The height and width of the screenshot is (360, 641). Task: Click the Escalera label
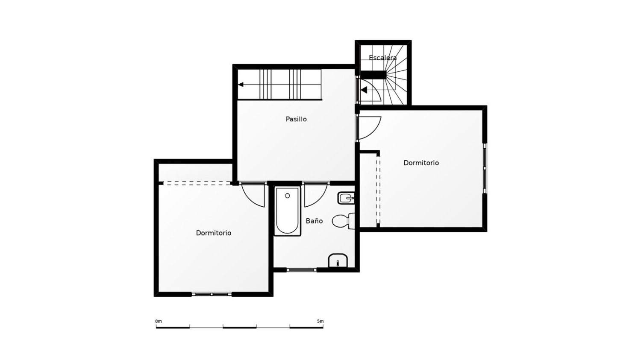[382, 58]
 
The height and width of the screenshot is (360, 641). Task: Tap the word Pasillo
[296, 119]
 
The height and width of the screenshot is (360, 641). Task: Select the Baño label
[314, 221]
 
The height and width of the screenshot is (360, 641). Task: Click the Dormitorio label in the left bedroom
[214, 233]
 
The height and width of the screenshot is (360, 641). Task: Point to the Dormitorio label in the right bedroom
[421, 163]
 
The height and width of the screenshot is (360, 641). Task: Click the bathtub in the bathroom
[288, 211]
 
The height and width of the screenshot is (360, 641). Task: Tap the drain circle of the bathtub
[288, 196]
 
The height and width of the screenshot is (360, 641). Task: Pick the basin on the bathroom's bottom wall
[338, 260]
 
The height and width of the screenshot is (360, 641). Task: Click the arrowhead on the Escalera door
[364, 90]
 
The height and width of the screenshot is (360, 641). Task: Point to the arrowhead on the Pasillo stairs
[241, 85]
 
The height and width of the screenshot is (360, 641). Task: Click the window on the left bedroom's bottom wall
[212, 294]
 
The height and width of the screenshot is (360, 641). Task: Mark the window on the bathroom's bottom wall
[301, 269]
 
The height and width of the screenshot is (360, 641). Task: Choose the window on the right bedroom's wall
[485, 168]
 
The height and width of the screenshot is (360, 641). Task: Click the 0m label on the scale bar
[159, 321]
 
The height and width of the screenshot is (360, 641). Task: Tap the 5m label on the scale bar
[320, 321]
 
